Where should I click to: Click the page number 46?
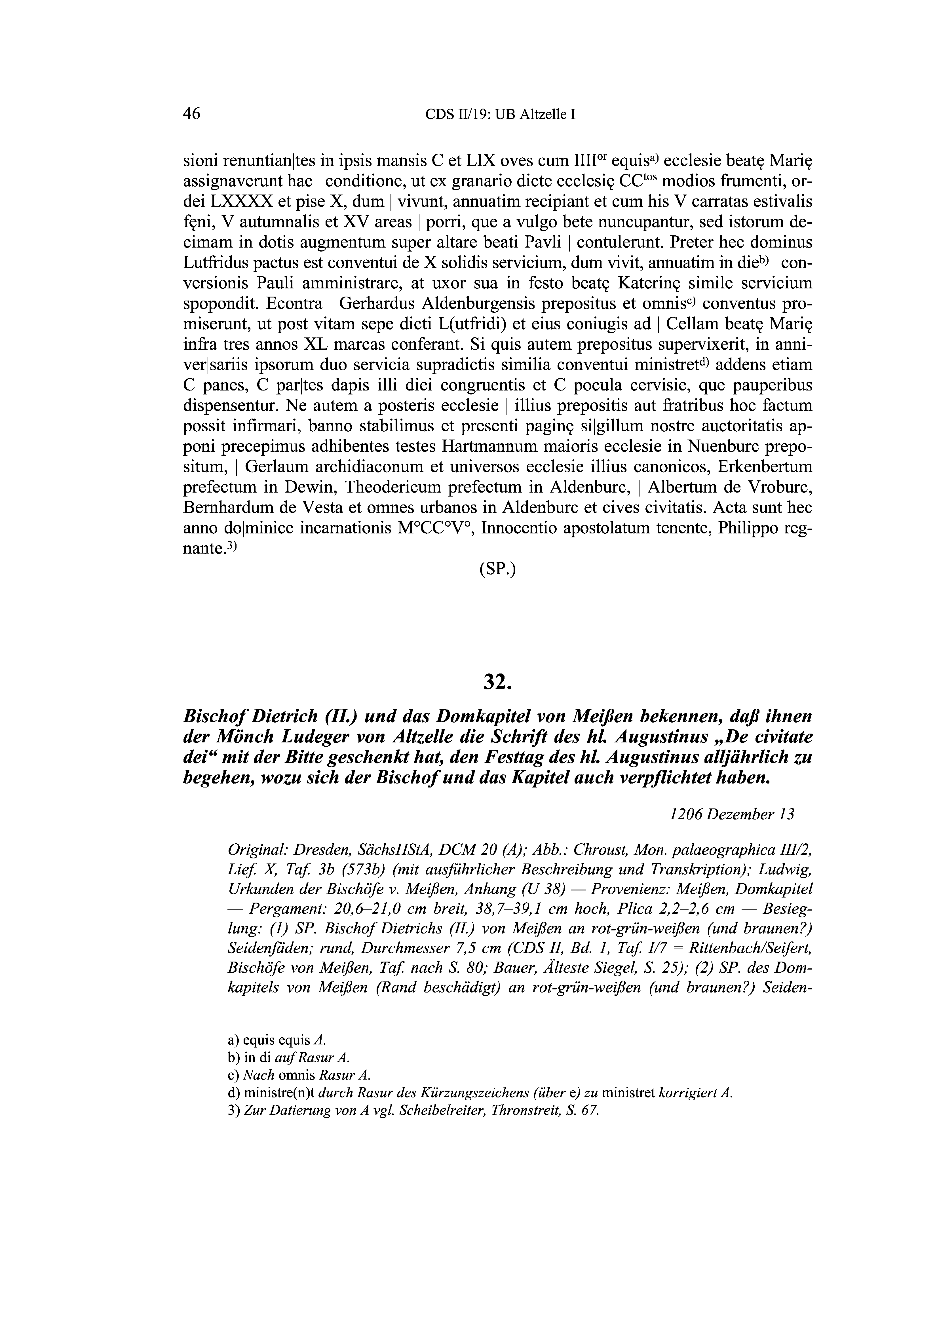coord(191,114)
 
